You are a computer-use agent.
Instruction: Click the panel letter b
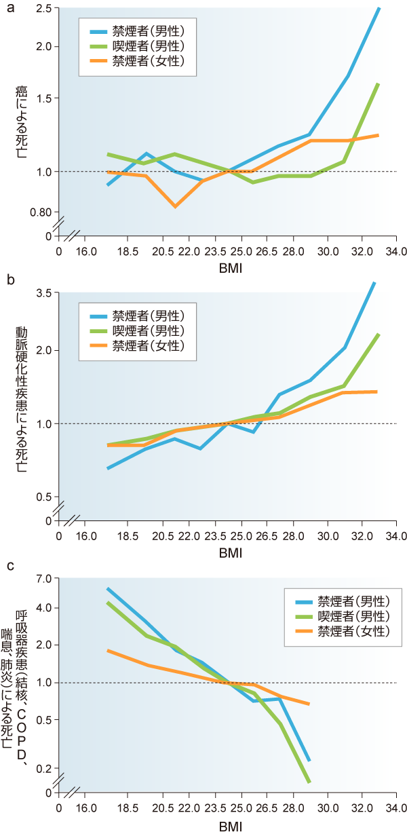5,278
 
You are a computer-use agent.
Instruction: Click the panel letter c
5,565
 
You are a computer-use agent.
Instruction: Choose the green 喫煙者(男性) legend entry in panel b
139,330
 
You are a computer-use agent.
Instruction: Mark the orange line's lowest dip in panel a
176,206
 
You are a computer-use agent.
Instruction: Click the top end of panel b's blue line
374,282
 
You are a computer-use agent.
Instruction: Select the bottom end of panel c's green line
309,782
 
